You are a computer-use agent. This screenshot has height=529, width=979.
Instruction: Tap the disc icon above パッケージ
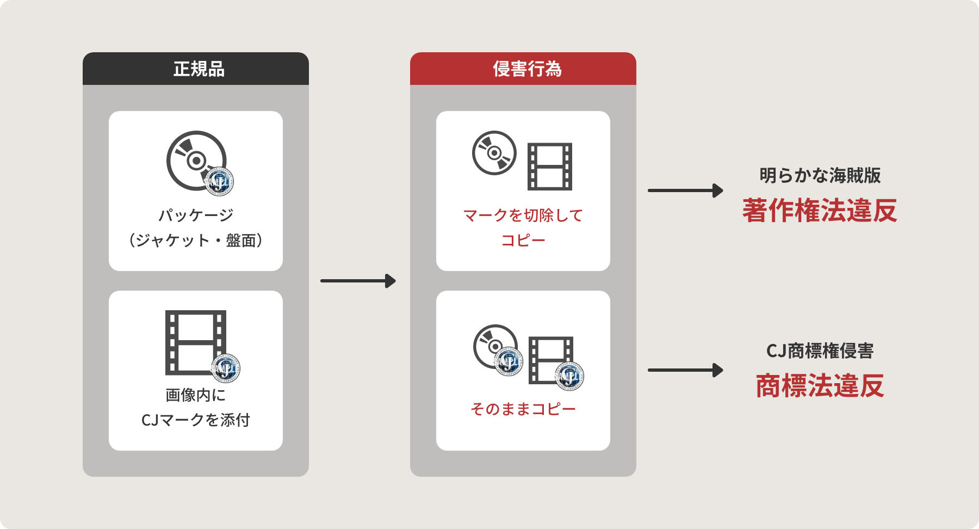tap(193, 158)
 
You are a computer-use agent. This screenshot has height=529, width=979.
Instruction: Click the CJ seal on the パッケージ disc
tap(219, 181)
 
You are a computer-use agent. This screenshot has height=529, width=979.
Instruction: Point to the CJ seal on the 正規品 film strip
tap(225, 368)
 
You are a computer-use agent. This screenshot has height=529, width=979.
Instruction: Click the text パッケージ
tap(196, 215)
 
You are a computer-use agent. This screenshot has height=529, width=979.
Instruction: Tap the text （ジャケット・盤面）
tap(196, 240)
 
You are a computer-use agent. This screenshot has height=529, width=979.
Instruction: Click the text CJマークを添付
tap(196, 420)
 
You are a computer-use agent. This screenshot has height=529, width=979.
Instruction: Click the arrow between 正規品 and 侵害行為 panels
tap(358, 281)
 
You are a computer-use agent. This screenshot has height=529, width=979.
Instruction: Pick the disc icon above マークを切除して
tap(494, 153)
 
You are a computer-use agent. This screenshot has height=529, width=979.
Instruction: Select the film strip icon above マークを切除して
tap(550, 167)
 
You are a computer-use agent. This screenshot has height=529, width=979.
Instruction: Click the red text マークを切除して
tap(523, 215)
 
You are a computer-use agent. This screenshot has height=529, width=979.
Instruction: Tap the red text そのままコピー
tap(523, 409)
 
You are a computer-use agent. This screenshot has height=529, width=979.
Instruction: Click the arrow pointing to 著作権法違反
tap(685, 190)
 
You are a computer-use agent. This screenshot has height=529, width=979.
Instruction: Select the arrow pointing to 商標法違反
tap(685, 370)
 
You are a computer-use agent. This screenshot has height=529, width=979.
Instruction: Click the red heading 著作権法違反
tap(820, 211)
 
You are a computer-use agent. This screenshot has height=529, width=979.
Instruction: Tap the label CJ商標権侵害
tap(820, 351)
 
